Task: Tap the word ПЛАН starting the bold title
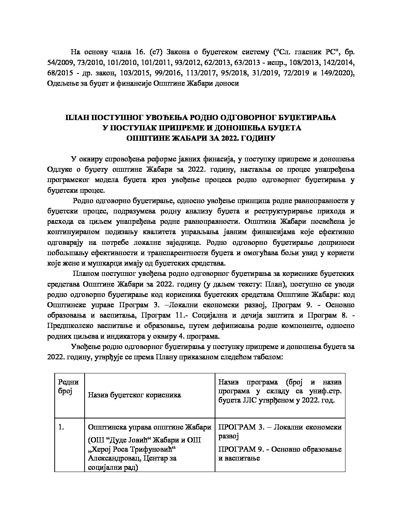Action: tap(76, 118)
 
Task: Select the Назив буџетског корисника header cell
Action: tap(134, 395)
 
